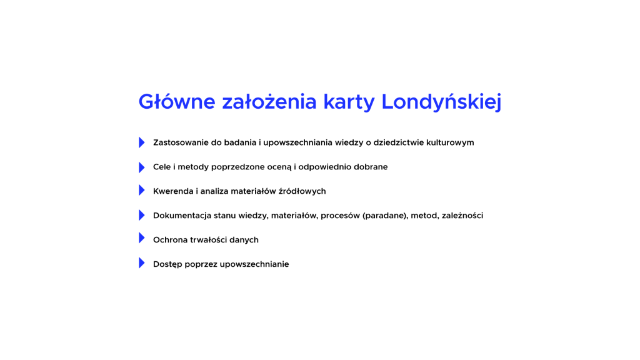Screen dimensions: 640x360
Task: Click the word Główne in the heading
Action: [x=177, y=102]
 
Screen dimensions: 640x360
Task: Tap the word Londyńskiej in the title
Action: [x=441, y=102]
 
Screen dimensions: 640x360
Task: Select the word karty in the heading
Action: [x=349, y=102]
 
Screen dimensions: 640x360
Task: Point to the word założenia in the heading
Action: [x=269, y=101]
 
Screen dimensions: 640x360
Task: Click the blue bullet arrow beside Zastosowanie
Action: [x=142, y=142]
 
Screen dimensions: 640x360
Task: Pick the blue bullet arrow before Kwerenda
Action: [x=142, y=190]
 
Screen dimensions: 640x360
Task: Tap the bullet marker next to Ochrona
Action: [x=142, y=238]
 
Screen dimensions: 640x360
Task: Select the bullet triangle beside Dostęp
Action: [x=142, y=263]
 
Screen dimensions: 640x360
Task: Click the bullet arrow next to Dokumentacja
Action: [x=142, y=215]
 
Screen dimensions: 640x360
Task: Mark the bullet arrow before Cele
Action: [x=142, y=167]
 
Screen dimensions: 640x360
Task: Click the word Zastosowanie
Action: [x=181, y=142]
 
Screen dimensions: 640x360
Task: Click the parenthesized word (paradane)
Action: [x=385, y=216]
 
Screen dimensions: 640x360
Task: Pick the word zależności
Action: [x=462, y=215]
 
